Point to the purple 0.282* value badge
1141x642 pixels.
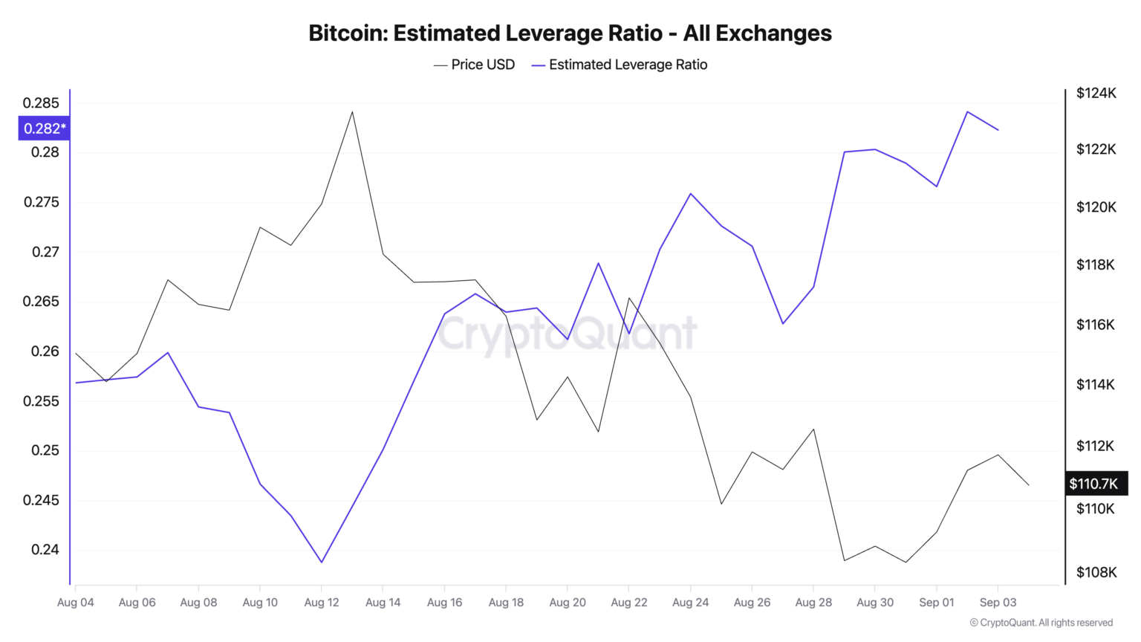click(44, 129)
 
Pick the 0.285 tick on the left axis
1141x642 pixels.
click(41, 103)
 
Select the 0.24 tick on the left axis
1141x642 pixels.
click(45, 550)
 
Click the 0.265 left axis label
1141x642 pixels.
click(41, 302)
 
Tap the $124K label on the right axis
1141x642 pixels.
click(1096, 93)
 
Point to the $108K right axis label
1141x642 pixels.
click(1096, 572)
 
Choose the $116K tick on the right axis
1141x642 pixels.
click(1096, 325)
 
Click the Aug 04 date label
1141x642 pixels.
click(76, 602)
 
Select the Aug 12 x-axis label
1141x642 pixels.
click(322, 602)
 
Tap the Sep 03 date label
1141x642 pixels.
click(998, 602)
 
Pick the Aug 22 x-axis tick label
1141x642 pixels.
click(629, 602)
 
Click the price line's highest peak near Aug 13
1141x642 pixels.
click(352, 112)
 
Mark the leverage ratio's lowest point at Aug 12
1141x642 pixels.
click(322, 562)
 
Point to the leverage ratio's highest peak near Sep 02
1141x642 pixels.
click(967, 112)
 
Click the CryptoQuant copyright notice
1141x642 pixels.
click(1041, 623)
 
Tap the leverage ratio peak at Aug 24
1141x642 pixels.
click(691, 194)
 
